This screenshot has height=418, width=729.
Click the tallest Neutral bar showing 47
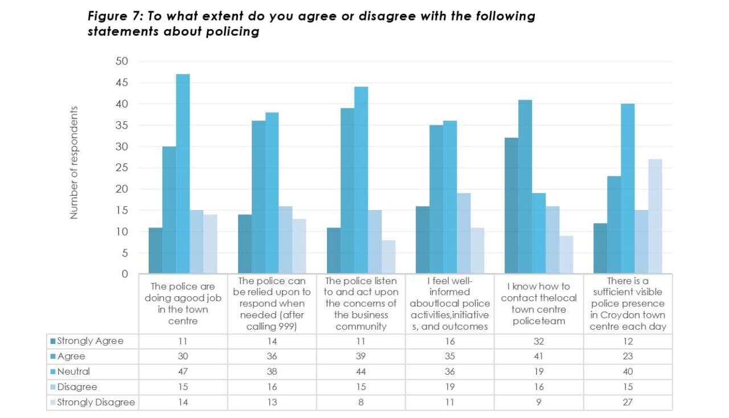click(183, 174)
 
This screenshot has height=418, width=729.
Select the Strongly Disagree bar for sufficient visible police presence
click(655, 216)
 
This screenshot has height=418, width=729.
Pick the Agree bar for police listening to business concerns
click(347, 191)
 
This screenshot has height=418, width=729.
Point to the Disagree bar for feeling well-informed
click(464, 233)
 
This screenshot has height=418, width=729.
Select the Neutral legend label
click(73, 371)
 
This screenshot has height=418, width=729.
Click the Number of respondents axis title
click(74, 163)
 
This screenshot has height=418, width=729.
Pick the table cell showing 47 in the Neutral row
click(183, 371)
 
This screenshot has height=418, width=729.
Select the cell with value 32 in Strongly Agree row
click(538, 341)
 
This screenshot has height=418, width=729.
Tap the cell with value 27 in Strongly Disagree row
click(628, 402)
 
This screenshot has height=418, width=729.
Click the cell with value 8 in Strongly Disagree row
click(361, 402)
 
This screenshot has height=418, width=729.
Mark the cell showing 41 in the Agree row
click(538, 356)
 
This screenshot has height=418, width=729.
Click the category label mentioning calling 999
click(272, 304)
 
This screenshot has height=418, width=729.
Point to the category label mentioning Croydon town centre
click(628, 304)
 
